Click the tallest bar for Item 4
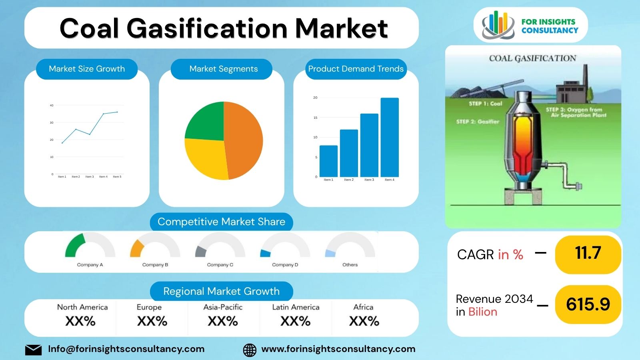pyautogui.click(x=389, y=137)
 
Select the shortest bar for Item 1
pyautogui.click(x=328, y=161)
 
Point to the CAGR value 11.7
pyautogui.click(x=588, y=253)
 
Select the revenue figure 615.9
pyautogui.click(x=588, y=304)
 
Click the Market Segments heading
pyautogui.click(x=223, y=69)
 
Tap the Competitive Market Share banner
pyautogui.click(x=221, y=222)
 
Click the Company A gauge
pyautogui.click(x=90, y=246)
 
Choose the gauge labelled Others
pyautogui.click(x=350, y=246)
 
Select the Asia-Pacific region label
pyautogui.click(x=223, y=307)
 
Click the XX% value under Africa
pyautogui.click(x=364, y=321)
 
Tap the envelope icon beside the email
pyautogui.click(x=33, y=350)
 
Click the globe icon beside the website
pyautogui.click(x=250, y=350)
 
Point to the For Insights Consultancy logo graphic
pyautogui.click(x=498, y=25)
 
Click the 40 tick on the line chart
pyautogui.click(x=52, y=106)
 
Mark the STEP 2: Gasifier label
pyautogui.click(x=478, y=122)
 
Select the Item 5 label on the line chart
pyautogui.click(x=117, y=177)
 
